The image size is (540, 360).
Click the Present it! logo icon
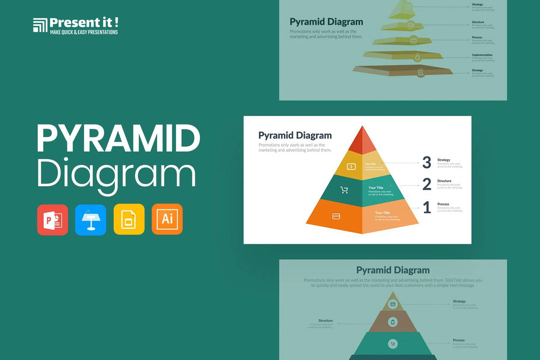coord(40,25)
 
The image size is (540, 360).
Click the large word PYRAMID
coord(118,139)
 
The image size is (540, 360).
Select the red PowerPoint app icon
coord(52,219)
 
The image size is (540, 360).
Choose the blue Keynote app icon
coord(91,219)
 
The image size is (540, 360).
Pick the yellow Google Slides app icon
coord(129,219)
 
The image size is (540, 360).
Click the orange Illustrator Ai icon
coord(167,219)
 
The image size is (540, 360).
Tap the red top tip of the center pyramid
coord(362,141)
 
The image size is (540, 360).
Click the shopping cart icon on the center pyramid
coord(344,190)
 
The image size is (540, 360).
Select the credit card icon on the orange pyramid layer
coord(336,216)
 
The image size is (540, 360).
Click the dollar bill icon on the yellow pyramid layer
coord(351,167)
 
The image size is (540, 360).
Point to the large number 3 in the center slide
coord(427,162)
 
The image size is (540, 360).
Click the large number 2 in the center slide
coord(427,185)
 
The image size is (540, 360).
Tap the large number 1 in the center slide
coord(427,207)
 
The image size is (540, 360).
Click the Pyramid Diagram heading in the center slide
coord(295,135)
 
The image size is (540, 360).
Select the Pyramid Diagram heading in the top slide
coord(326,22)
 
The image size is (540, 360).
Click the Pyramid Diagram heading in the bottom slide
coord(393,270)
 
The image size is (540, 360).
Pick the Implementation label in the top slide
coord(482,55)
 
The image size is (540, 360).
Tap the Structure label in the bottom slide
coord(326,321)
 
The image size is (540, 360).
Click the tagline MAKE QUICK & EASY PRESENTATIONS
coord(84,32)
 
